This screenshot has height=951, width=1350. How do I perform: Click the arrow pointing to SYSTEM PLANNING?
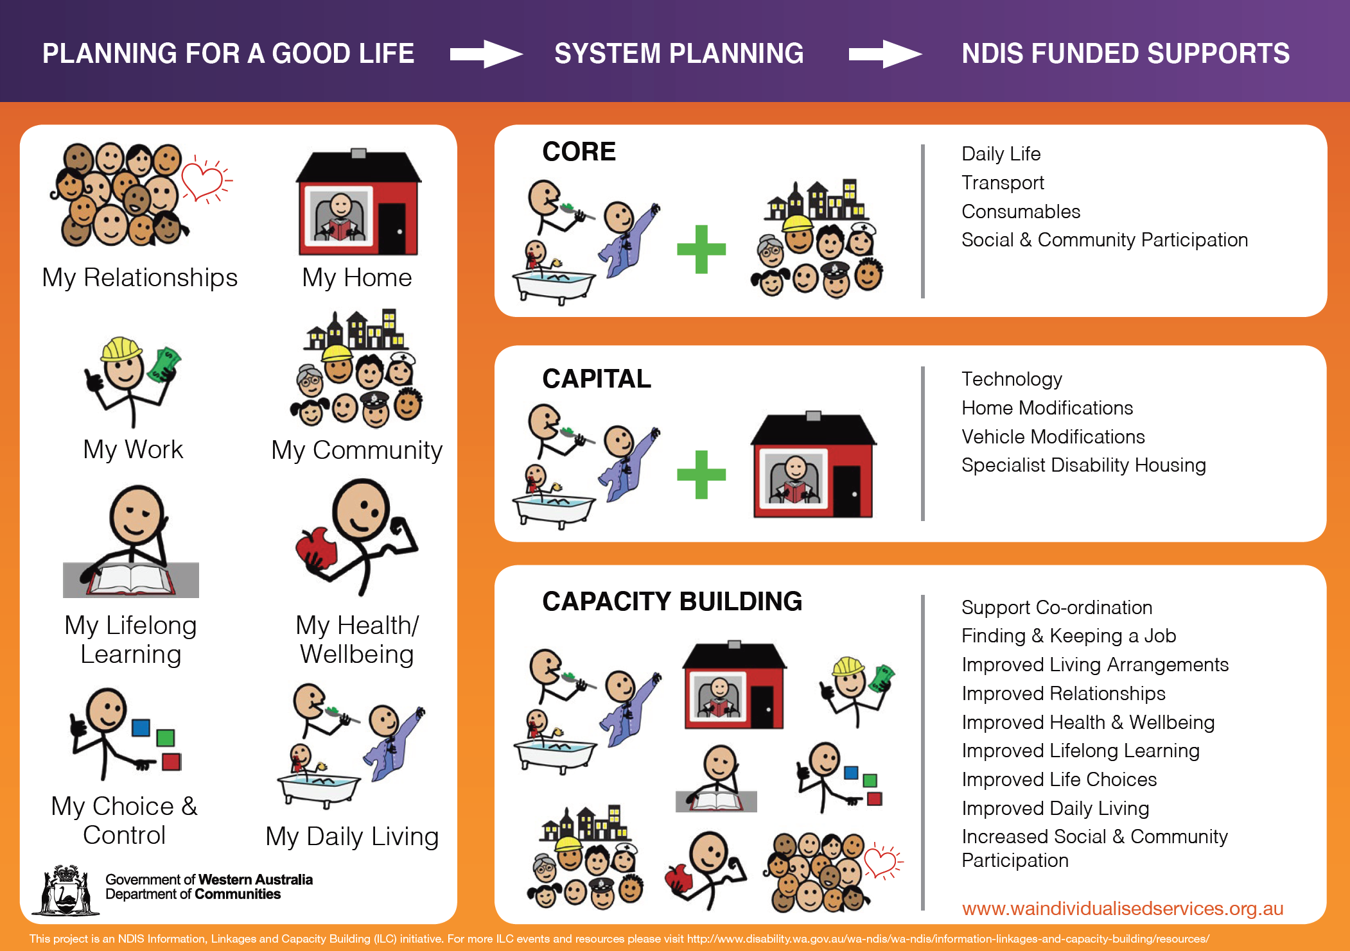pyautogui.click(x=486, y=54)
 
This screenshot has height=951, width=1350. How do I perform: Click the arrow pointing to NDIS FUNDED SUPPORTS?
pyautogui.click(x=885, y=54)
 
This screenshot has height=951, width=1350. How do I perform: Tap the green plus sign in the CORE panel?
pyautogui.click(x=701, y=249)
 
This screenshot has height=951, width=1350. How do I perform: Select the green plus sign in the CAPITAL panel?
pyautogui.click(x=701, y=474)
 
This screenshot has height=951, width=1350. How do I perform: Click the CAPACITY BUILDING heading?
pyautogui.click(x=672, y=601)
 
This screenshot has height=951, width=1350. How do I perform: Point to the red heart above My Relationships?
pyautogui.click(x=204, y=180)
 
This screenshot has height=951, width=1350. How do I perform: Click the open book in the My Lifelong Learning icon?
pyautogui.click(x=131, y=578)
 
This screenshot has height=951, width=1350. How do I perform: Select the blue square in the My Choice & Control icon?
pyautogui.click(x=141, y=728)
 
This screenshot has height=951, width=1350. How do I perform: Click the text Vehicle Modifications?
pyautogui.click(x=1053, y=436)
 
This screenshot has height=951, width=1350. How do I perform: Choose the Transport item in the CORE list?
pyautogui.click(x=1003, y=183)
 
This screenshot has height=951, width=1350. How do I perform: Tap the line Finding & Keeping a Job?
pyautogui.click(x=1069, y=636)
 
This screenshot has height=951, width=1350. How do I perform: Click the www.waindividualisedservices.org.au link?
pyautogui.click(x=1123, y=909)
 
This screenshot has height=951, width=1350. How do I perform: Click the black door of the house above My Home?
pyautogui.click(x=392, y=228)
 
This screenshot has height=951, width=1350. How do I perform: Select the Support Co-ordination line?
pyautogui.click(x=1057, y=607)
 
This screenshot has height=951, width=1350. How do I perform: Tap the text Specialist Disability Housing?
pyautogui.click(x=1083, y=465)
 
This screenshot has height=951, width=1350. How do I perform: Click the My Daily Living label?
pyautogui.click(x=352, y=837)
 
